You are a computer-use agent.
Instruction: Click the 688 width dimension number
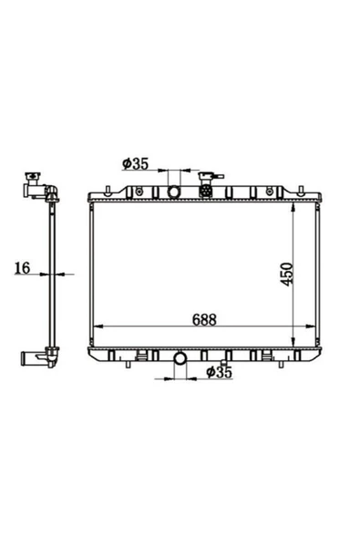(204, 319)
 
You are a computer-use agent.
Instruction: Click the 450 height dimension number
(287, 275)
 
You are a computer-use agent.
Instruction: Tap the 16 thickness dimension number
(23, 268)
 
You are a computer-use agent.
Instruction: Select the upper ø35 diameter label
(135, 163)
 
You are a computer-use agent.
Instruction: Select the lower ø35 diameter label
(220, 372)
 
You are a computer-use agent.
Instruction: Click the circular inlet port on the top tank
(174, 192)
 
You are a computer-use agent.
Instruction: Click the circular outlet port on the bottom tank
(180, 358)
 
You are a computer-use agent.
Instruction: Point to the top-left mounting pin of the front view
(108, 191)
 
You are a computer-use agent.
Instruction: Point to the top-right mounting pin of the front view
(301, 191)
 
